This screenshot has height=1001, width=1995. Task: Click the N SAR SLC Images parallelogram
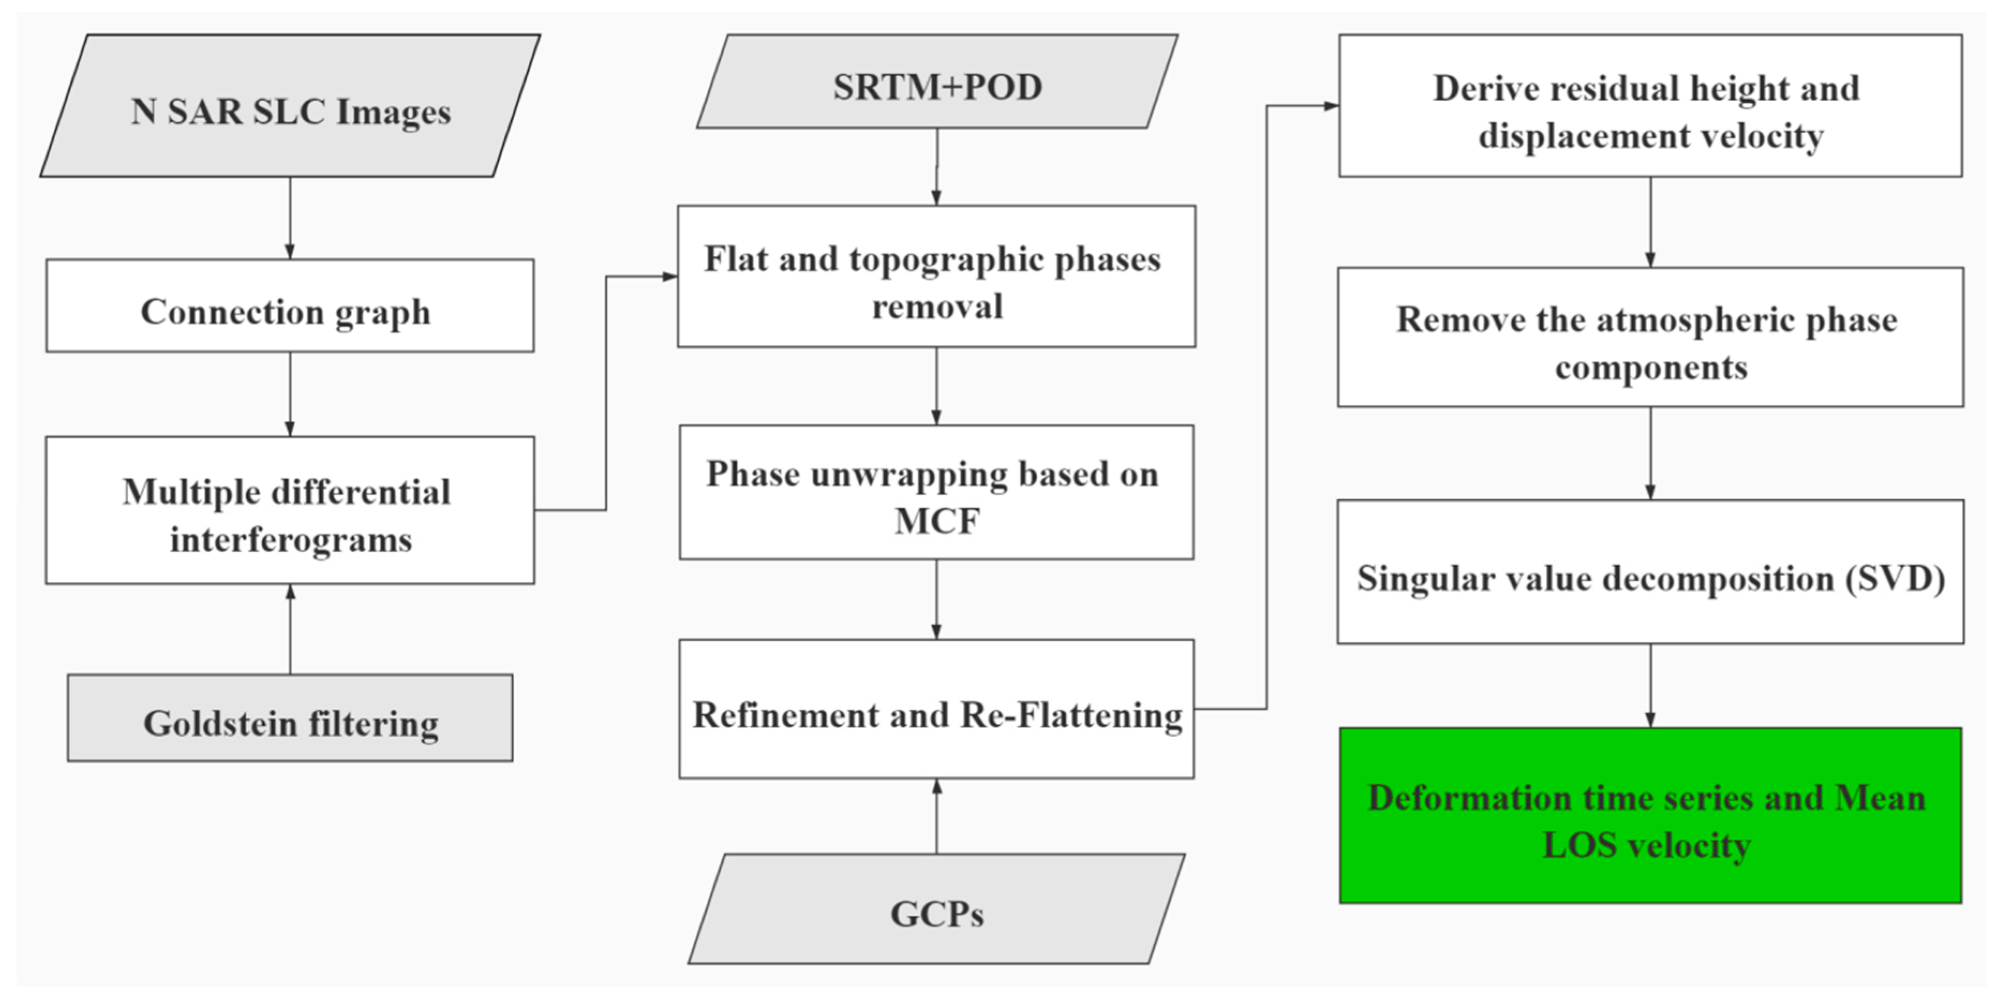coord(290,106)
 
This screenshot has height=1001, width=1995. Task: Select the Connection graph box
coord(290,306)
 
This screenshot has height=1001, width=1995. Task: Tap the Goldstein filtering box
coord(290,718)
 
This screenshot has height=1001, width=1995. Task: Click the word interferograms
coord(291,540)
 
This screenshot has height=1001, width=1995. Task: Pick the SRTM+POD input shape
coord(937,82)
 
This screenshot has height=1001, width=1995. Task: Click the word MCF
coord(937,521)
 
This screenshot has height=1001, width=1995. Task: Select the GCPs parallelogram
coord(937,909)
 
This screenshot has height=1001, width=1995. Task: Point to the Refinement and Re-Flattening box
coord(937,709)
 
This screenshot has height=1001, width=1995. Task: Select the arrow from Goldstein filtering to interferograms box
coord(290,629)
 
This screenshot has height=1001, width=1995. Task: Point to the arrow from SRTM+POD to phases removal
coord(937,167)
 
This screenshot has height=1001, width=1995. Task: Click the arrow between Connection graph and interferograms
coord(290,394)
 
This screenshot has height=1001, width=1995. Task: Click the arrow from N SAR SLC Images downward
coord(290,218)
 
